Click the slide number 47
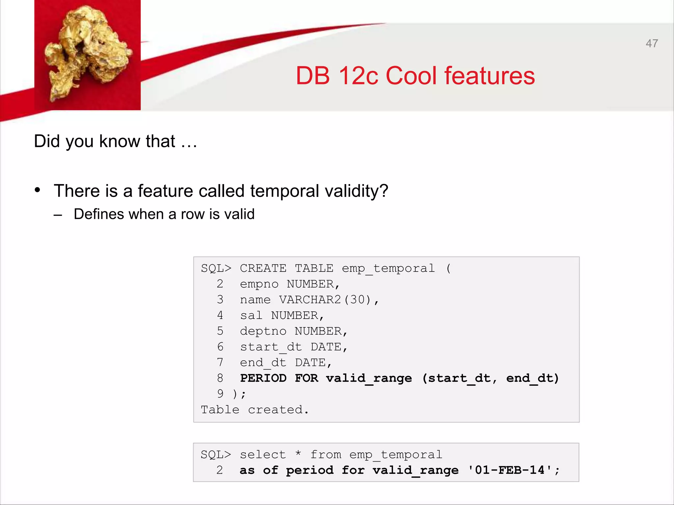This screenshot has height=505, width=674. pos(652,43)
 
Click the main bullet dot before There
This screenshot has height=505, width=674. pos(38,190)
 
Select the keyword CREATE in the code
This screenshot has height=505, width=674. pos(263,268)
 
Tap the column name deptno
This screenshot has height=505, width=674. pos(263,331)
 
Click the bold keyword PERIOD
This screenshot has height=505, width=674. pos(263,378)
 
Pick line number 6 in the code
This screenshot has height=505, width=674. pos(220,347)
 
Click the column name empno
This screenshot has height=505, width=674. pos(259,284)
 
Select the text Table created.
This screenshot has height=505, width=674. pos(255,410)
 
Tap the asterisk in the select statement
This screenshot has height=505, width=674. pos(298,454)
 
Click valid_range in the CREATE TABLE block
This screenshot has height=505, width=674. pos(369,378)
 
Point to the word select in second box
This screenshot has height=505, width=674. pos(263,455)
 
